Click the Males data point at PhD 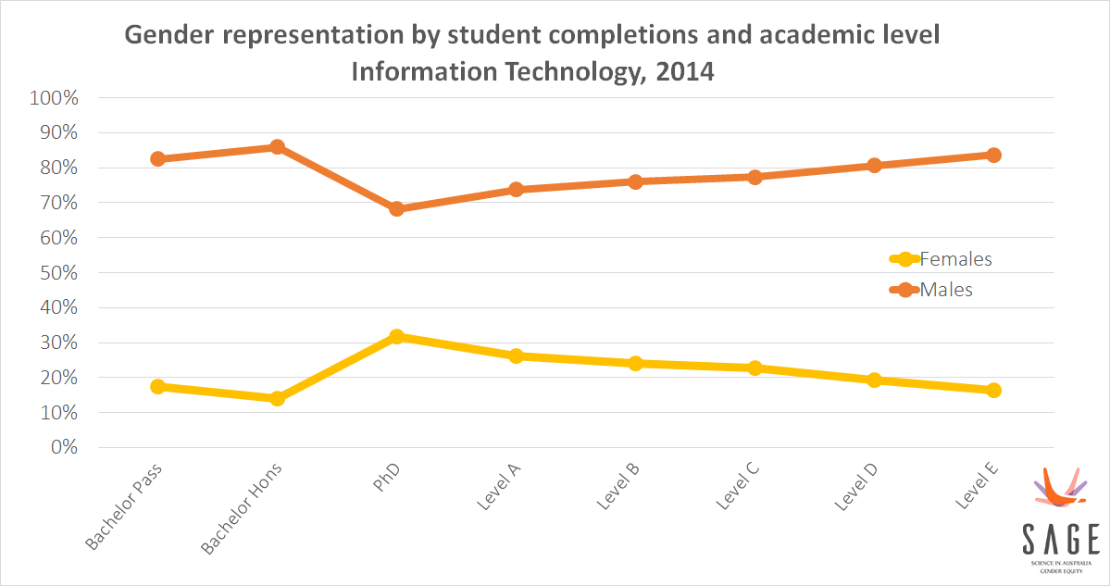(396, 208)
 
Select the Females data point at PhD (396, 336)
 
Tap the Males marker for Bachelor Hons (277, 146)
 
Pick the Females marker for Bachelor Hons (277, 398)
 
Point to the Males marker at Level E (993, 155)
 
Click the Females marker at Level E (993, 390)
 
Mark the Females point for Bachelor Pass (157, 386)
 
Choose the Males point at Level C (755, 176)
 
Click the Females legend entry (954, 259)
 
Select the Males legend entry (946, 290)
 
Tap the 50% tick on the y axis (57, 273)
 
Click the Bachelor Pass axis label (125, 505)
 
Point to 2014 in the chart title (685, 71)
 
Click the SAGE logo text (1061, 538)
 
